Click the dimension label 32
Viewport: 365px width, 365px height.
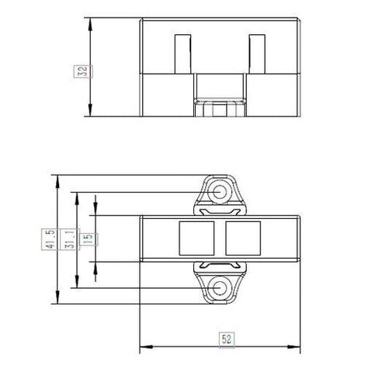pyautogui.click(x=83, y=71)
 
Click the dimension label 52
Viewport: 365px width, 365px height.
pyautogui.click(x=227, y=339)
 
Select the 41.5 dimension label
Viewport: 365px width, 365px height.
pyautogui.click(x=50, y=239)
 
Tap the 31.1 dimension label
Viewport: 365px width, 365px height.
pyautogui.click(x=70, y=239)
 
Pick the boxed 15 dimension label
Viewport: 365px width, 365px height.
pyautogui.click(x=89, y=239)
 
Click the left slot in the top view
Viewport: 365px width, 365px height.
pyautogui.click(x=182, y=54)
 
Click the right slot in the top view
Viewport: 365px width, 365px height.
pyautogui.click(x=257, y=54)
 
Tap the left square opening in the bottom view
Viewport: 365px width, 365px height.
pyautogui.click(x=196, y=238)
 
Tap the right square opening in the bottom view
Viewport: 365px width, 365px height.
pyautogui.click(x=243, y=238)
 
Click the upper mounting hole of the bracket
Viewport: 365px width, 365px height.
pyautogui.click(x=220, y=192)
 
